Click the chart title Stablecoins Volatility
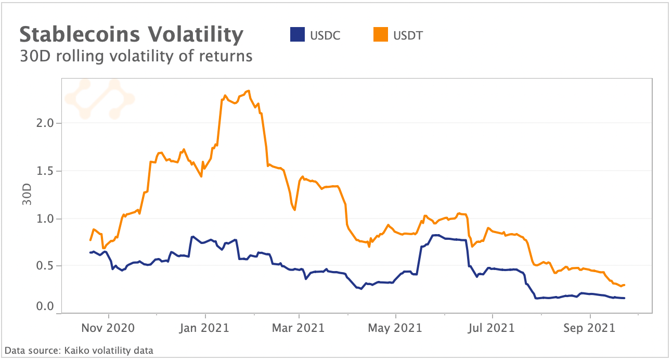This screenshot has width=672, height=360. (132, 35)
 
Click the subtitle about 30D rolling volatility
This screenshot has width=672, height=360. (136, 56)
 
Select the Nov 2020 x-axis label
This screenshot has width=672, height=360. (109, 328)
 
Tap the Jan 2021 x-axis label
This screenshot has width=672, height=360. (205, 328)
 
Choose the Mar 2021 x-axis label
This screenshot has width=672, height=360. (299, 328)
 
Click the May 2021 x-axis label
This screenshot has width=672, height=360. (396, 328)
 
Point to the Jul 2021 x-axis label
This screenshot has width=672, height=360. (492, 328)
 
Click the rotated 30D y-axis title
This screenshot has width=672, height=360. (27, 194)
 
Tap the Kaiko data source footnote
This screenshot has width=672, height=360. (79, 350)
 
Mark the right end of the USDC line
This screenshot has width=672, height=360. (624, 298)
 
